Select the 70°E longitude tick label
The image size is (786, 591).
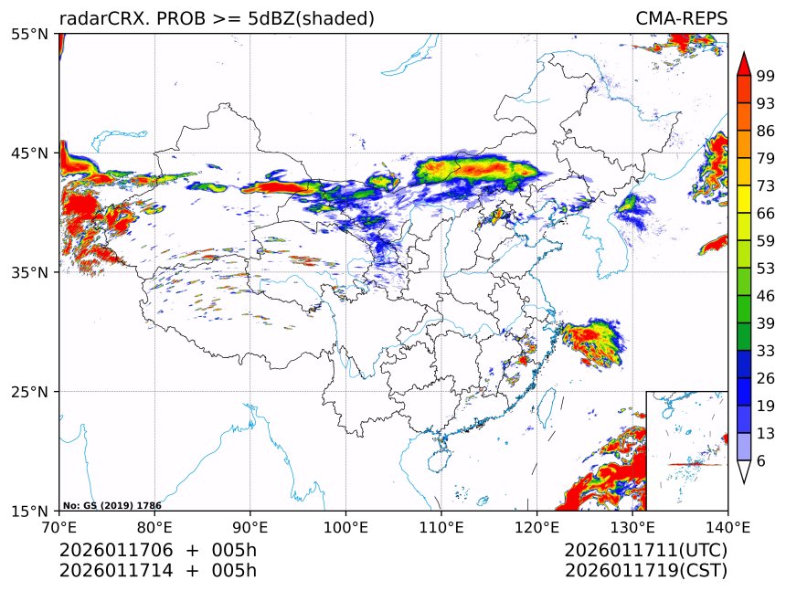58,526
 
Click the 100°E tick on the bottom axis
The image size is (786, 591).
345,526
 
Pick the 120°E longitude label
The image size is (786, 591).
536,526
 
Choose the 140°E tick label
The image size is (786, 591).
728,526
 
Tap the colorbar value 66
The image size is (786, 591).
766,213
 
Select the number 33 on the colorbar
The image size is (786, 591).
766,350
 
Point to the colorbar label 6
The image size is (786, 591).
761,460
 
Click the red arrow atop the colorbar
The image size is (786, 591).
744,64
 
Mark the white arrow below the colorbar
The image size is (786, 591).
744,470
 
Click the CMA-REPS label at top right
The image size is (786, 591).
681,19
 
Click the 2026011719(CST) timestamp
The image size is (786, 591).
645,571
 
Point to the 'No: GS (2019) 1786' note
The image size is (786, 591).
99,505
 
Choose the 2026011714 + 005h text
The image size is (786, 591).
157,571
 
